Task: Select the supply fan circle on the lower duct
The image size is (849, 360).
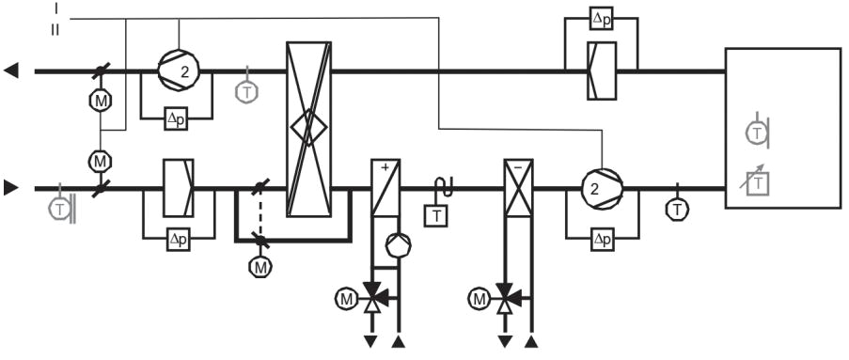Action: [x=598, y=188]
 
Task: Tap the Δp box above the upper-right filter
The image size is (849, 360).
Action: [x=601, y=18]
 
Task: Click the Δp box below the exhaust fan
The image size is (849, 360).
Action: [x=176, y=119]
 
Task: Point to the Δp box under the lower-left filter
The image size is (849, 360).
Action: [x=178, y=240]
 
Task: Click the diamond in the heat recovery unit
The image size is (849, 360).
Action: [x=308, y=125]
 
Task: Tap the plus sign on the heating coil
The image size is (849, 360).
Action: [x=385, y=168]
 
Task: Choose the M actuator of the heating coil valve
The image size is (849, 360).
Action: [x=344, y=300]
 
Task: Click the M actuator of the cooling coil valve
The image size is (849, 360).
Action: [x=479, y=300]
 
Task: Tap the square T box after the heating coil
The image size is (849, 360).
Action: [x=437, y=216]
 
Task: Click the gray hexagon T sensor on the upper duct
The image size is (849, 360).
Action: [x=246, y=92]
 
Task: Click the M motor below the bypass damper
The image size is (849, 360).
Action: [x=259, y=267]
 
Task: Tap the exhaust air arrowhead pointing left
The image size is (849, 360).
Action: [x=10, y=70]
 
